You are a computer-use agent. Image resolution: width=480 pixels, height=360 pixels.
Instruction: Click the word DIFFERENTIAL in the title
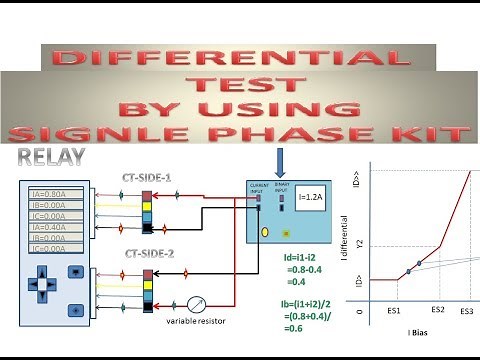click(x=240, y=58)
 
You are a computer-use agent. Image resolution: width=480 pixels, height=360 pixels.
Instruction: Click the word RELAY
click(x=50, y=157)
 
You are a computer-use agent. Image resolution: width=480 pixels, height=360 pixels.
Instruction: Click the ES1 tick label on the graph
click(x=393, y=312)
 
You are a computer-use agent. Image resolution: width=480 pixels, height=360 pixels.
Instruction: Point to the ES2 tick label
click(x=438, y=312)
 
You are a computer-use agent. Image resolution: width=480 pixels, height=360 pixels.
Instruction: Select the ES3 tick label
click(x=467, y=312)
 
